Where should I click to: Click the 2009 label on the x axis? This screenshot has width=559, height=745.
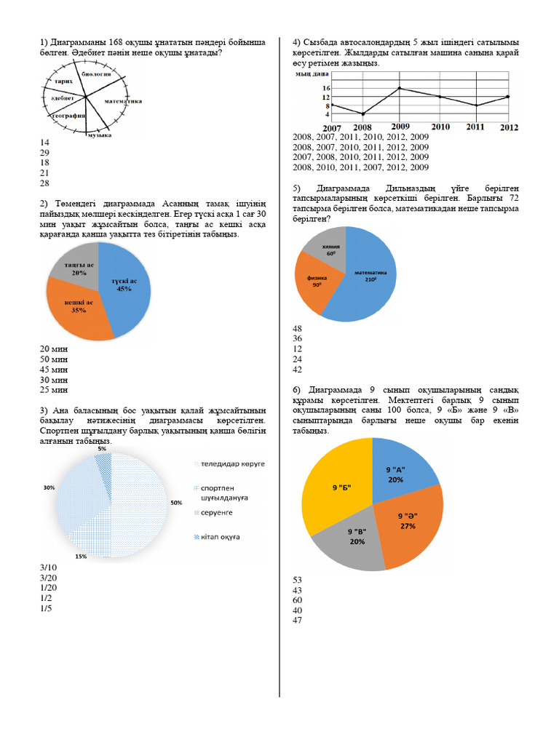coord(400,126)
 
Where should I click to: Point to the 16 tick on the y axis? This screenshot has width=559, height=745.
coord(305,88)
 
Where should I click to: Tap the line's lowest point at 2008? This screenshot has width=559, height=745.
coord(362,114)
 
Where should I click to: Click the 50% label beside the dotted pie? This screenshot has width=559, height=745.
coord(176,503)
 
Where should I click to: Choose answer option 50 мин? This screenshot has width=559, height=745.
coord(54,359)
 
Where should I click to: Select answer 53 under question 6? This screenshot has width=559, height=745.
coord(297,580)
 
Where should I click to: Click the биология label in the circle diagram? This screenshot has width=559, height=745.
coord(96,74)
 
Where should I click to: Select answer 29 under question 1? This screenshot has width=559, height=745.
coord(44,153)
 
